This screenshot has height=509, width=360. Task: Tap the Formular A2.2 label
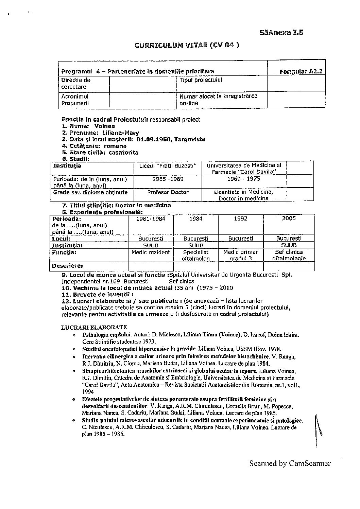coord(301,71)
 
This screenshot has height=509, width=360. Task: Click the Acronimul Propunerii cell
coord(75,100)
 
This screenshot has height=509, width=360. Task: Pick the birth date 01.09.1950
coord(154,139)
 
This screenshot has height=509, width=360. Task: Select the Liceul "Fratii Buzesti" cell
coord(168,166)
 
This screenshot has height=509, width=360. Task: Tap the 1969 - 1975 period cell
coord(244,179)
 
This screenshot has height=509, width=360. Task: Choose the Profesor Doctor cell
coord(168,192)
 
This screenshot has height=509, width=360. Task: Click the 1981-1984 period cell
coord(151,219)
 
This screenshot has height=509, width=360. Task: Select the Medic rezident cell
coord(151,252)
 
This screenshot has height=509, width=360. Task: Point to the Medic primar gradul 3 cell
coord(241,255)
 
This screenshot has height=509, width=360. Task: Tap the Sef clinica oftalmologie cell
coord(289,255)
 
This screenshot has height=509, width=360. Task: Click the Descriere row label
coord(67,266)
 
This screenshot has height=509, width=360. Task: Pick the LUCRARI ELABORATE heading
coord(94,328)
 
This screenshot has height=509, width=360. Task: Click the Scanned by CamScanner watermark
coord(290,463)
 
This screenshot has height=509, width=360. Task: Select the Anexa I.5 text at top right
coord(281,33)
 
